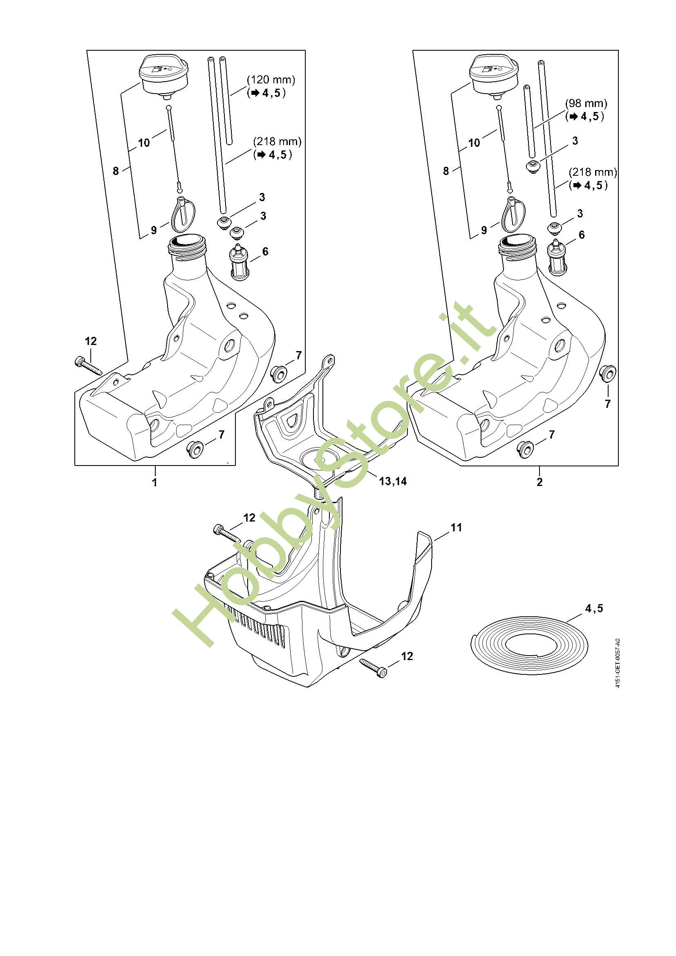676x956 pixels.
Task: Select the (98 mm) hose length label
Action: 586,103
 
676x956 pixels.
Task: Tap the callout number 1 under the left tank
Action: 155,483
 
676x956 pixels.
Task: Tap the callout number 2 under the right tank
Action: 539,483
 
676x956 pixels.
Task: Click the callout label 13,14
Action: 392,481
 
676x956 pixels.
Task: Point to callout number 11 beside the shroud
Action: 456,527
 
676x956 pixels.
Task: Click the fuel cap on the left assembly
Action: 163,77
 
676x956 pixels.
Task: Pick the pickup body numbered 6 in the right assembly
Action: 556,258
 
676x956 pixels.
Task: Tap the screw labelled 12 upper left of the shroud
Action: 228,533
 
